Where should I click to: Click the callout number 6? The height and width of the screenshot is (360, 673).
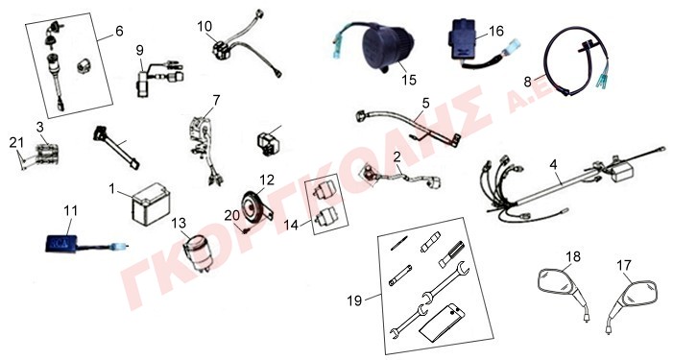click(119, 32)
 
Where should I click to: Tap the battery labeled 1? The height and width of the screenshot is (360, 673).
click(151, 204)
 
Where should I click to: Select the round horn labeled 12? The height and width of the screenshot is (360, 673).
click(254, 206)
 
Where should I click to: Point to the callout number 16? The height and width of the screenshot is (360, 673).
click(496, 31)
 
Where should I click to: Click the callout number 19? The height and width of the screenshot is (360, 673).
click(354, 300)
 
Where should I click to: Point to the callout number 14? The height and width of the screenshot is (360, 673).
click(291, 225)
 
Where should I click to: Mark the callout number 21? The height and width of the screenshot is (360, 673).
click(16, 142)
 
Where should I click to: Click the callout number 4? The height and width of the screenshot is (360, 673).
click(553, 164)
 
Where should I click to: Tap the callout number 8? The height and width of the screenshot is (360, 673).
click(527, 82)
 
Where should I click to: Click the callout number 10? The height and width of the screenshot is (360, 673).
click(204, 26)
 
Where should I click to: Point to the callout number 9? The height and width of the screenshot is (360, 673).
click(140, 50)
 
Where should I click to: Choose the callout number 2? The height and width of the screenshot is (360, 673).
click(397, 156)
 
